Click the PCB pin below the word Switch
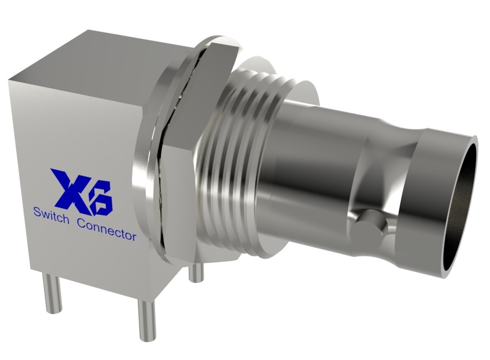tap(53, 293)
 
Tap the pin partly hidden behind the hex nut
tap(195, 272)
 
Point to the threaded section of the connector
tap(233, 166)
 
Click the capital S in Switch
tap(37, 212)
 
